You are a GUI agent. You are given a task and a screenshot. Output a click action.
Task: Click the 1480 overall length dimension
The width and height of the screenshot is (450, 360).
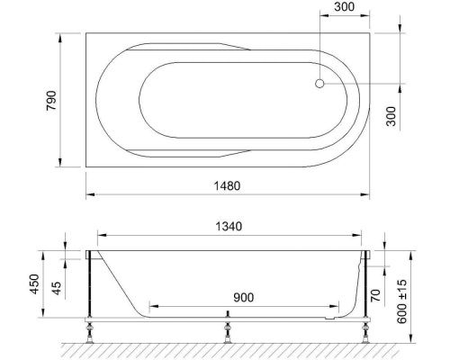pos(226,185)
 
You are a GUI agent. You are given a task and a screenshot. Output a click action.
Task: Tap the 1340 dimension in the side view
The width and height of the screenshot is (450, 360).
pos(230,227)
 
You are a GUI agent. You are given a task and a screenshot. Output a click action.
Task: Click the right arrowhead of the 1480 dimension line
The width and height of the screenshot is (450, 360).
pos(370,194)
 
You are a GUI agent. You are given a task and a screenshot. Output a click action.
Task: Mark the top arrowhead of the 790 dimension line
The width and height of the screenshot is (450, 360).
pos(60,37)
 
